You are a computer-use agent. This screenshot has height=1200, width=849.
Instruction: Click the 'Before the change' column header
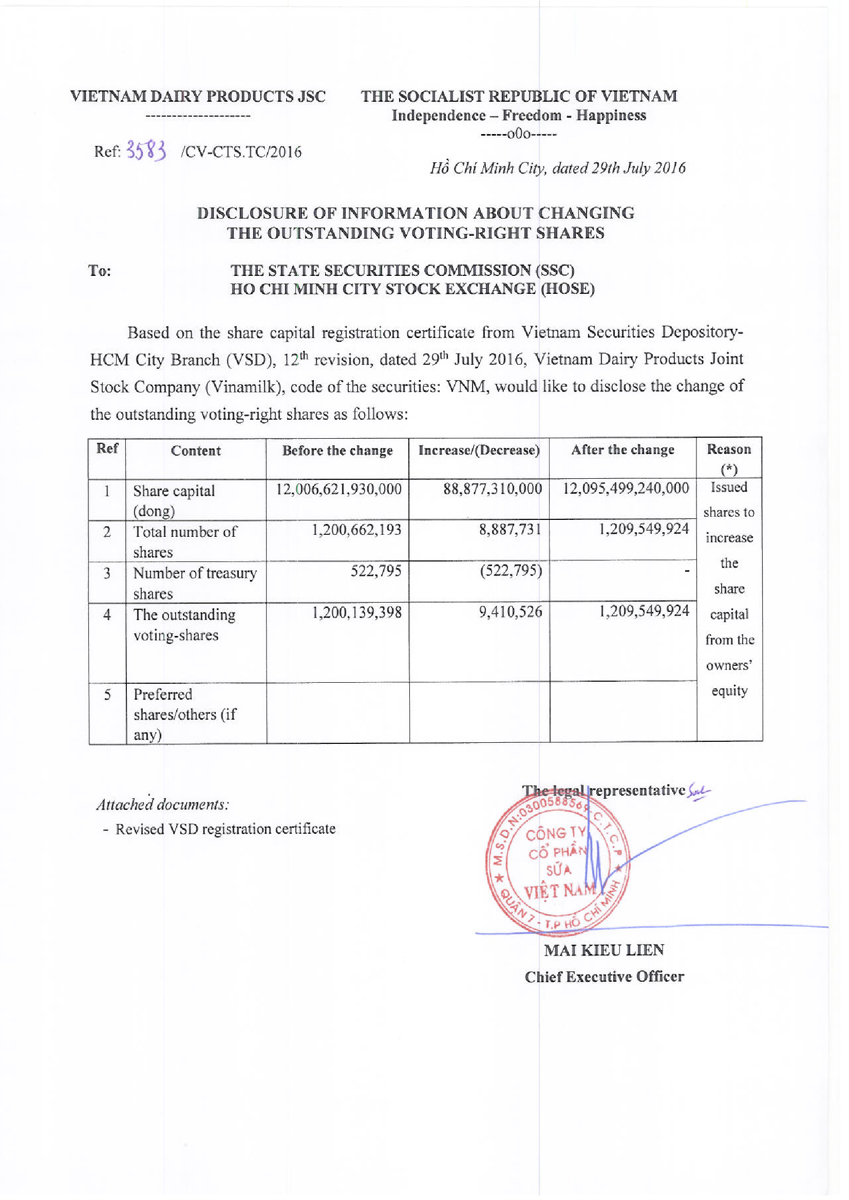(x=337, y=451)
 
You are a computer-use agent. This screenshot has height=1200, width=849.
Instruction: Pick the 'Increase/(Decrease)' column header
(x=479, y=450)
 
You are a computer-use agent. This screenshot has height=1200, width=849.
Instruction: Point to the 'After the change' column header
(x=622, y=449)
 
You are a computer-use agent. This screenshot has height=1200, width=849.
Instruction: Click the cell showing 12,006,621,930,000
(x=339, y=489)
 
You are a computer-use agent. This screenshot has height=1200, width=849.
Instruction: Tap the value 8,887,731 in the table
(x=510, y=530)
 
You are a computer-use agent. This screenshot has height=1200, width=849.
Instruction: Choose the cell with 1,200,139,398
(x=356, y=612)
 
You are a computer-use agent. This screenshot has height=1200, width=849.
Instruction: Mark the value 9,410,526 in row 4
(x=510, y=612)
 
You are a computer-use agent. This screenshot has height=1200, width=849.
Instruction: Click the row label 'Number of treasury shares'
(x=195, y=583)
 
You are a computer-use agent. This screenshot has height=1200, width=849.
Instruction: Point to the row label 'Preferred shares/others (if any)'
(x=184, y=714)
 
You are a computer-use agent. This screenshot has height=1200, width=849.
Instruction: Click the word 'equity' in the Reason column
(x=729, y=691)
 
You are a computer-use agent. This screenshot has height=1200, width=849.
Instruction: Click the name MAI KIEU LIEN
(x=604, y=949)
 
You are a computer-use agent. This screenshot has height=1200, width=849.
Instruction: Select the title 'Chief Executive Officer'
(x=604, y=976)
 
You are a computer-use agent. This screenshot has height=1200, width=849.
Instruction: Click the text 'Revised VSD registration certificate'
(x=225, y=829)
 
